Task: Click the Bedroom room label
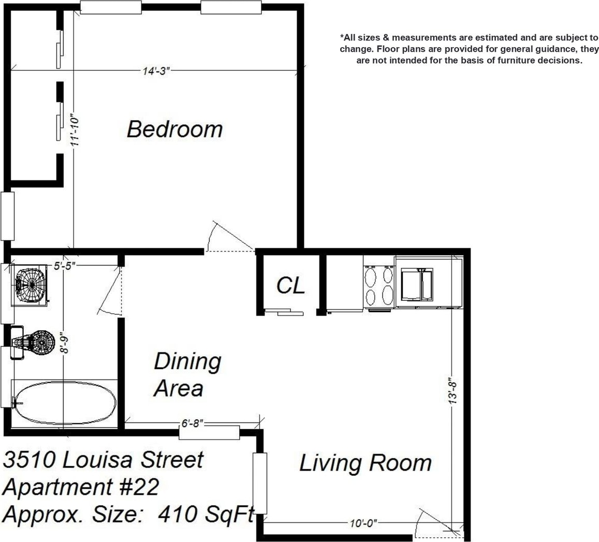[174, 129]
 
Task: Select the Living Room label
[366, 463]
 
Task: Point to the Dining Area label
[187, 375]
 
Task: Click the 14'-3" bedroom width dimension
[156, 71]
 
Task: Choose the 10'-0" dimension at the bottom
[363, 522]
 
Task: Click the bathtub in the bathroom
[65, 403]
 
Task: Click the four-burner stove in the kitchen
[379, 286]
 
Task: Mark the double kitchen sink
[417, 285]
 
